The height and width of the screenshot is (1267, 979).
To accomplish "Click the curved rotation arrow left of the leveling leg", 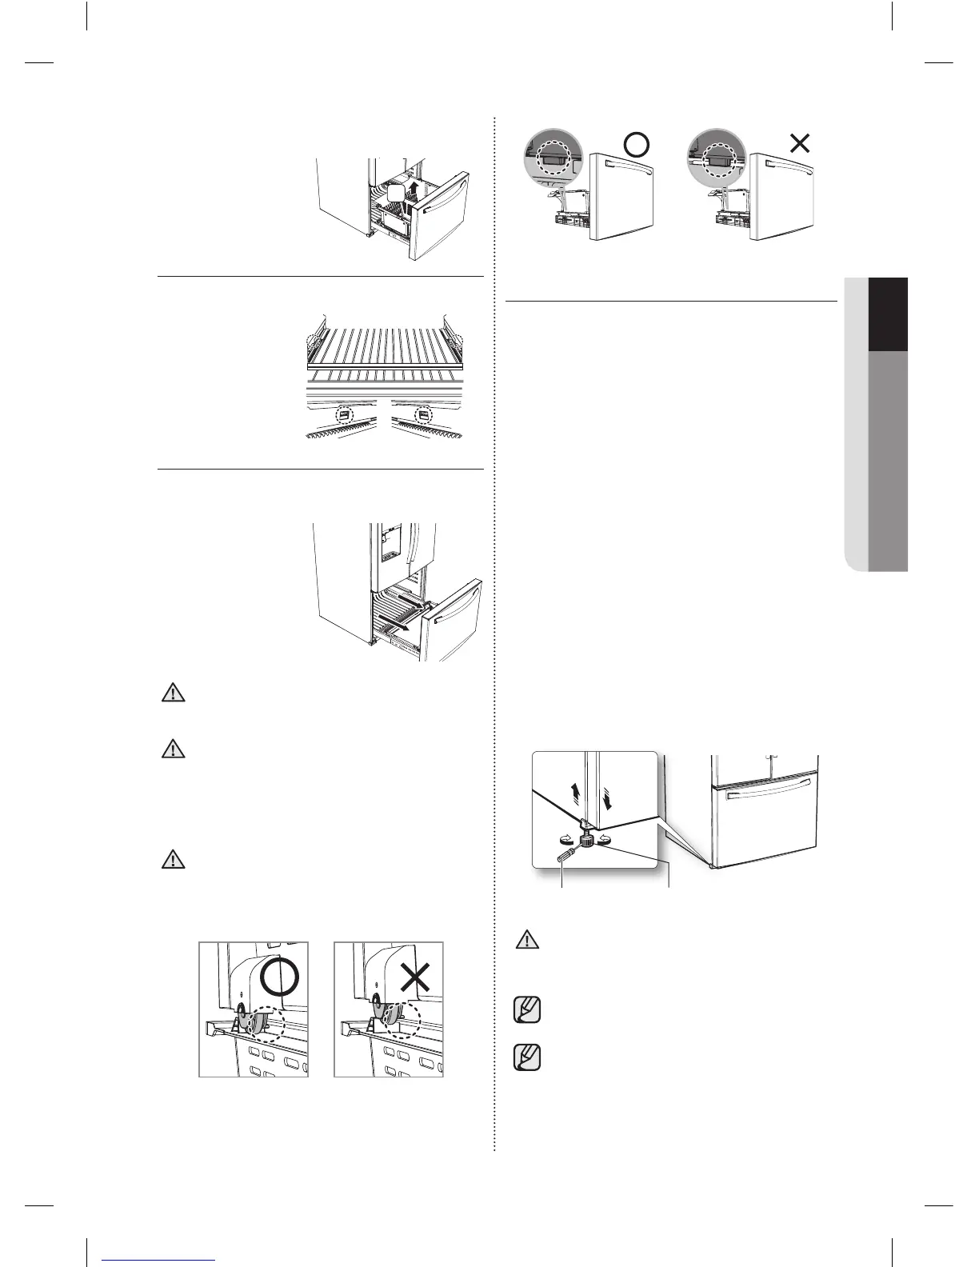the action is pyautogui.click(x=565, y=839).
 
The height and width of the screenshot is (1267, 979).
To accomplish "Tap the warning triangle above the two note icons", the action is pyautogui.click(x=526, y=940).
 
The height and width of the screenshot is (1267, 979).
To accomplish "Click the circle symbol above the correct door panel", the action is pyautogui.click(x=636, y=144).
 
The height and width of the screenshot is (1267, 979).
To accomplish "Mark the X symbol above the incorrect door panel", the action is pyautogui.click(x=800, y=143).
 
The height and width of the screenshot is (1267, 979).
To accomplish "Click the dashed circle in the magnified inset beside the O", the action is pyautogui.click(x=550, y=158).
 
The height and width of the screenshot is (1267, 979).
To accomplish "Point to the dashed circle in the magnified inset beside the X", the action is pyautogui.click(x=717, y=158).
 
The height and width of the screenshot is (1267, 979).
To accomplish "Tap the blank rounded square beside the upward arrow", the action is pyautogui.click(x=396, y=194).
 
